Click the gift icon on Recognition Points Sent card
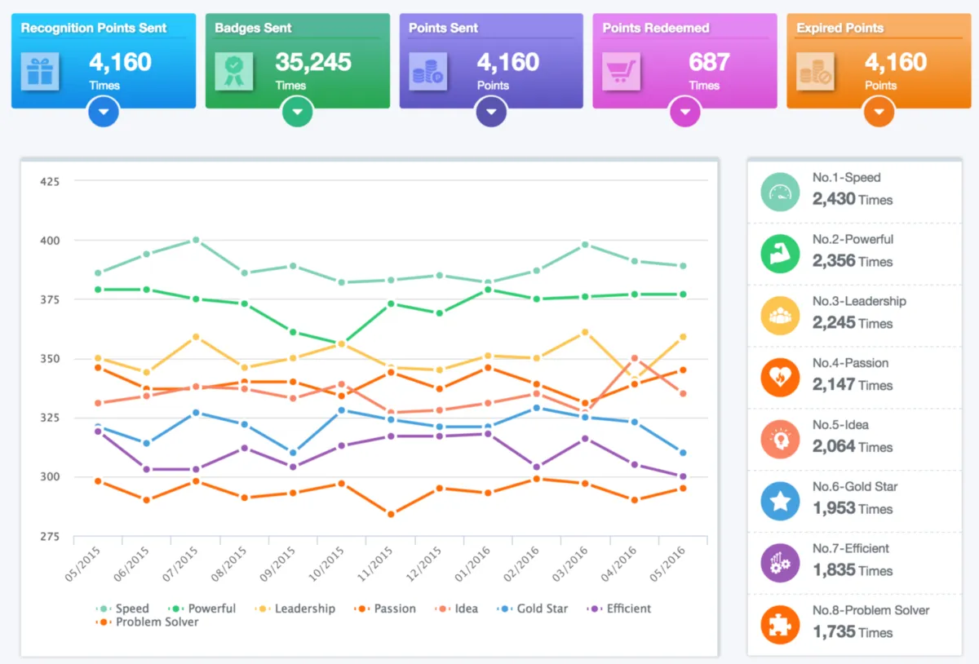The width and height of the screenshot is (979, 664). click(38, 71)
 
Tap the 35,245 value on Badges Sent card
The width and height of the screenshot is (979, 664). click(313, 62)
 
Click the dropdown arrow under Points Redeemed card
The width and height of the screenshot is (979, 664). click(685, 112)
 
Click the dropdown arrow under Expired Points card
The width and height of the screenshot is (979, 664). click(879, 112)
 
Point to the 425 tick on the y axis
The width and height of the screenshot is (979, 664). click(50, 181)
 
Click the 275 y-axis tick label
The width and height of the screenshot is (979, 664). click(50, 536)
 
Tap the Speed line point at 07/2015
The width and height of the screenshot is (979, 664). click(196, 240)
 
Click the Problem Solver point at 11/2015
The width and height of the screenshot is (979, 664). click(391, 514)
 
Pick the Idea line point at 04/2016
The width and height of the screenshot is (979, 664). click(635, 358)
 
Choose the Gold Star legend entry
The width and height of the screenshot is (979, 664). click(535, 609)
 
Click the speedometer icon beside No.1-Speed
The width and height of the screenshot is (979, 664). click(780, 193)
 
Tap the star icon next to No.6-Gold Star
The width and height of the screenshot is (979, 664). click(780, 501)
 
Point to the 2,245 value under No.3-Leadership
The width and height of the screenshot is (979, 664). click(834, 323)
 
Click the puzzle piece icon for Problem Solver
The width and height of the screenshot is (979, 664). click(780, 625)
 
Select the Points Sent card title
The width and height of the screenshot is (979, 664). click(443, 28)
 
